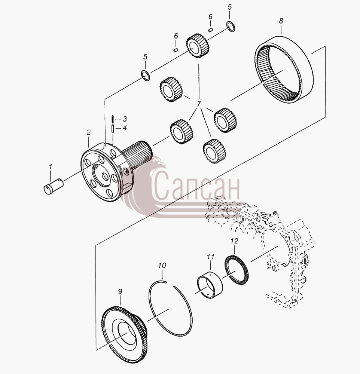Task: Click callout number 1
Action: [51, 167]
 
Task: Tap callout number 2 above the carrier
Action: [89, 132]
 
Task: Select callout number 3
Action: [124, 119]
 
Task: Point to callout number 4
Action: [124, 128]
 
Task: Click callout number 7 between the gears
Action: [199, 104]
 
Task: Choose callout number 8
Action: [281, 21]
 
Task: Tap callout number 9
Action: [120, 291]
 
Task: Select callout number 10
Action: [162, 266]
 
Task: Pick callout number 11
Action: [211, 257]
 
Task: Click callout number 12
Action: [234, 241]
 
